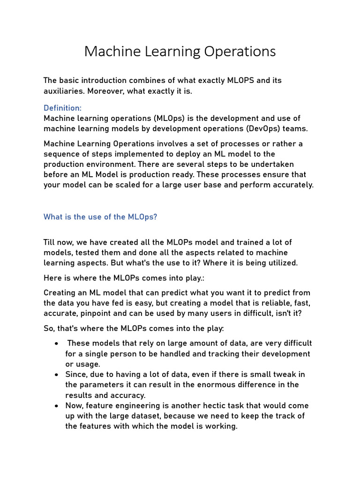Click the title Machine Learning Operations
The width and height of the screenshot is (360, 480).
coord(180,52)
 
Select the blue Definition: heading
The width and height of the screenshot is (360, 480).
coord(62,108)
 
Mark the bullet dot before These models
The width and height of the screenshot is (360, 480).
coord(56,344)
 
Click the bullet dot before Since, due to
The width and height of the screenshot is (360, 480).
coord(56,375)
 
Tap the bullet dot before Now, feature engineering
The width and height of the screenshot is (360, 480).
coord(56,405)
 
